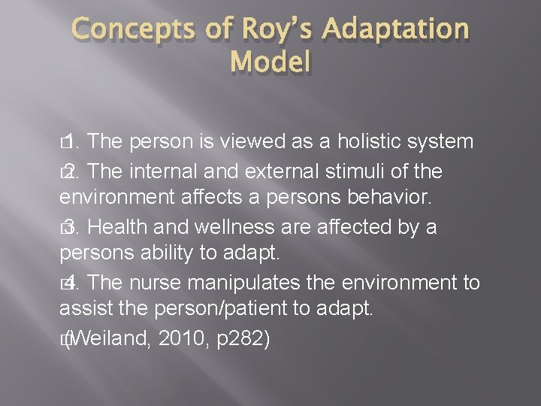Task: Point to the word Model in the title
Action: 270,61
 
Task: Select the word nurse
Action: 153,283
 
